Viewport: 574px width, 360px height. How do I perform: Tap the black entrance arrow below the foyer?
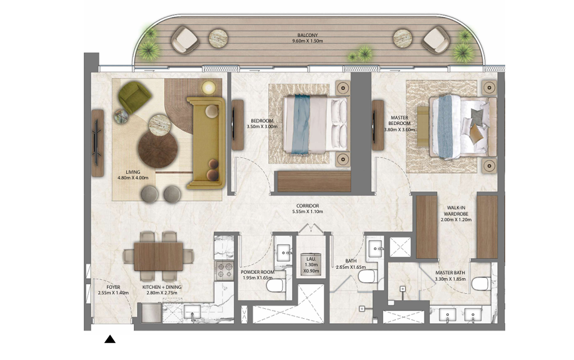110,339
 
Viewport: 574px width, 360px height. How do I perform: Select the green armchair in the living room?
134,97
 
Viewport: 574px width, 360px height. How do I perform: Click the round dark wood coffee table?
158,149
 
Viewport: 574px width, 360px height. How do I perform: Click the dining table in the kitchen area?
159,256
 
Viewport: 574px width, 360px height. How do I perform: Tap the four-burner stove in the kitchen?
224,271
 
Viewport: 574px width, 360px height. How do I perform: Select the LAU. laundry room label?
311,259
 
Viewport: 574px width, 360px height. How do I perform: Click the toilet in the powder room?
275,285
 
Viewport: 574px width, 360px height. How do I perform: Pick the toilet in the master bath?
481,284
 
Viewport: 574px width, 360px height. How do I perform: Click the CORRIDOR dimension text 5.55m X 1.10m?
308,211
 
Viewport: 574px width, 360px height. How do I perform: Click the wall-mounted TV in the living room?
98,143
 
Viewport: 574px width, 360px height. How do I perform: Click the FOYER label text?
113,287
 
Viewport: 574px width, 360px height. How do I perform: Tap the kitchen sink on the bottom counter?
192,313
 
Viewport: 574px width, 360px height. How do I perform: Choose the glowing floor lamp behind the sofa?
209,87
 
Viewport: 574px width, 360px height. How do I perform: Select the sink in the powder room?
284,252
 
